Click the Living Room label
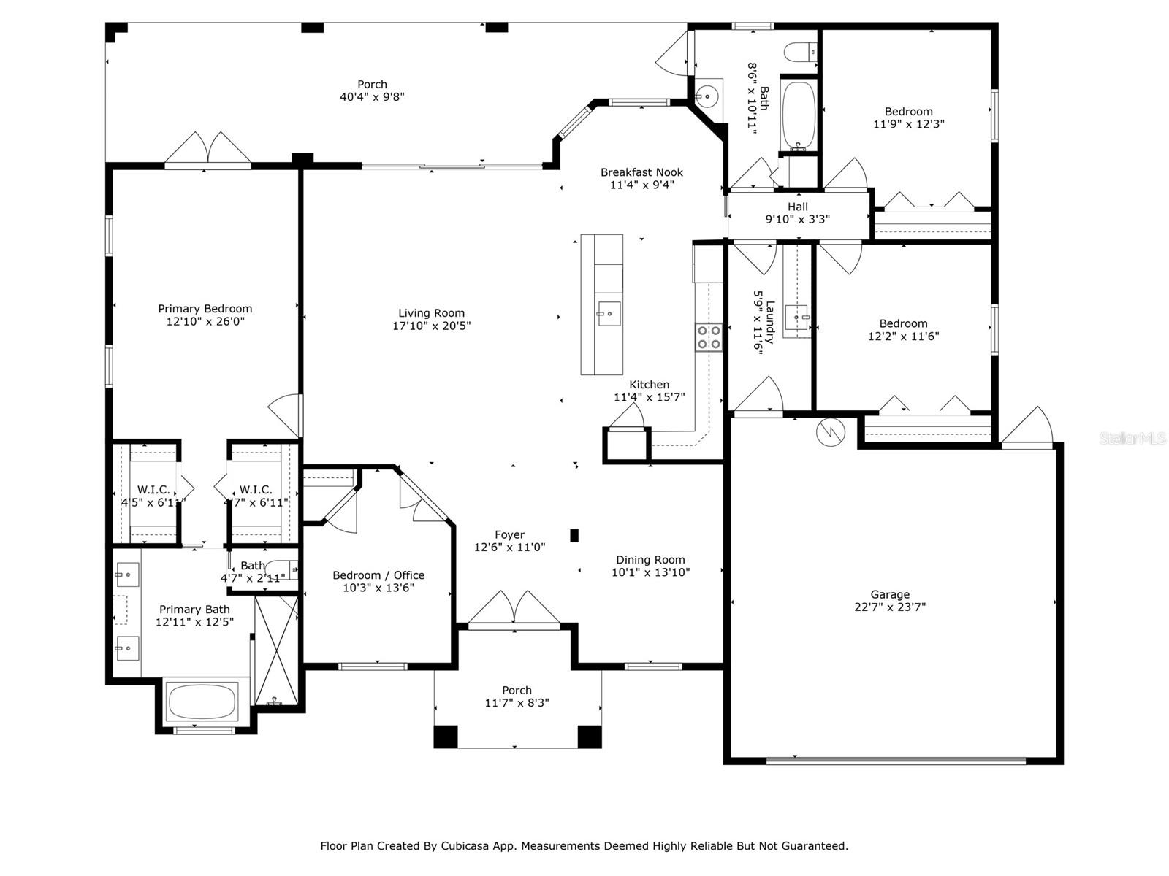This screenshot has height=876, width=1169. point(431,313)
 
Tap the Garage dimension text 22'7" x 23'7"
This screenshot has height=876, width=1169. point(890,607)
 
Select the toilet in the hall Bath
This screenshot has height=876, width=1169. point(801,52)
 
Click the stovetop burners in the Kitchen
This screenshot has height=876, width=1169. point(709,337)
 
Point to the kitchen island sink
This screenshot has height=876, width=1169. point(608,314)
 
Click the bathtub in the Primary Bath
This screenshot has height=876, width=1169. point(202,702)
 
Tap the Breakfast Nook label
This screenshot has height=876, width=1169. point(641,172)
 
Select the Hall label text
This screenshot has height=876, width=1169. point(798,207)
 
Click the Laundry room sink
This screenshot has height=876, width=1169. point(797,318)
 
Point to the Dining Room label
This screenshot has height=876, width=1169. point(650,559)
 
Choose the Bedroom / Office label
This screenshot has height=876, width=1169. point(378,575)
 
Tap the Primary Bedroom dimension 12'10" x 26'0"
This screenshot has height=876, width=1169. point(205,321)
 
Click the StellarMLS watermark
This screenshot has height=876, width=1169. point(1132,438)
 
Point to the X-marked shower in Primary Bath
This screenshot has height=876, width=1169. point(276,650)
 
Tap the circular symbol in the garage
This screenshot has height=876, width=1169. point(830,432)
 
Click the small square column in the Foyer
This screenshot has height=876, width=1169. point(574,535)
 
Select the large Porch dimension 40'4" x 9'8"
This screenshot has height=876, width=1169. point(373,97)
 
